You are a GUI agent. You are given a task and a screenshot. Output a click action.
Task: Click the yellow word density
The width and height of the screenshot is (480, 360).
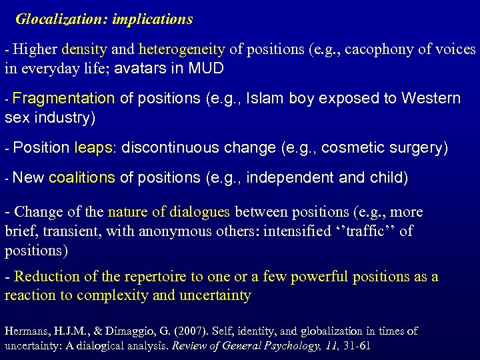pyautogui.click(x=81, y=49)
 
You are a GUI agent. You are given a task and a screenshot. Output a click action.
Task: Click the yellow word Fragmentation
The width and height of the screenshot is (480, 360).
pyautogui.click(x=63, y=99)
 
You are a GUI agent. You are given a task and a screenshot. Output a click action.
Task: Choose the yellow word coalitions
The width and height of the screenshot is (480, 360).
pyautogui.click(x=82, y=179)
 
